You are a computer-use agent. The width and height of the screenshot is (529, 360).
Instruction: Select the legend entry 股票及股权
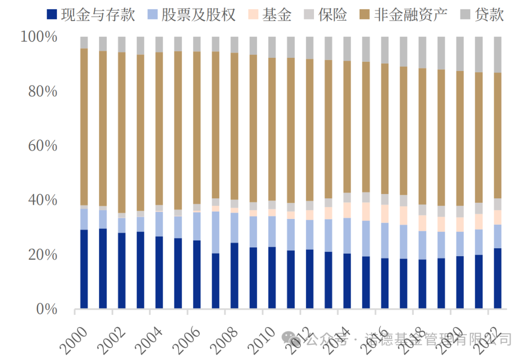tap(198, 15)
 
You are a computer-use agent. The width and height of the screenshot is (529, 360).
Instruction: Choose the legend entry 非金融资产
tap(410, 15)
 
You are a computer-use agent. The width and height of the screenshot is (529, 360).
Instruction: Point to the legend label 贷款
tap(489, 15)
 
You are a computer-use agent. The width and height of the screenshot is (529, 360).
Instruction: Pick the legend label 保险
tap(332, 15)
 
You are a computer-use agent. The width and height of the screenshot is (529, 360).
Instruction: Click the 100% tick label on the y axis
tap(39, 37)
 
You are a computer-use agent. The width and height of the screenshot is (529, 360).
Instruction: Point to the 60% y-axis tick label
tap(42, 146)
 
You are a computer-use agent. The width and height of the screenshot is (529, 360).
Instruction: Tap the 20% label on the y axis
tap(42, 255)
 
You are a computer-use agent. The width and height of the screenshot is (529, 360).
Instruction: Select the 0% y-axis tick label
tap(46, 310)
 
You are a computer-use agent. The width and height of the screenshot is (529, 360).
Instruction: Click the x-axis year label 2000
tap(73, 340)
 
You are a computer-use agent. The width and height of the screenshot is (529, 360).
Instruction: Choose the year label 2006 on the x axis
tap(187, 340)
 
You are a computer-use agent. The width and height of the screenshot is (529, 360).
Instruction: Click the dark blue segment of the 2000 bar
tap(84, 269)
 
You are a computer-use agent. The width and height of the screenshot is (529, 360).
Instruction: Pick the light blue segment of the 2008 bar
tap(235, 227)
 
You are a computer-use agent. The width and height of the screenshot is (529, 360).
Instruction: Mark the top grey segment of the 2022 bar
tap(498, 54)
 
